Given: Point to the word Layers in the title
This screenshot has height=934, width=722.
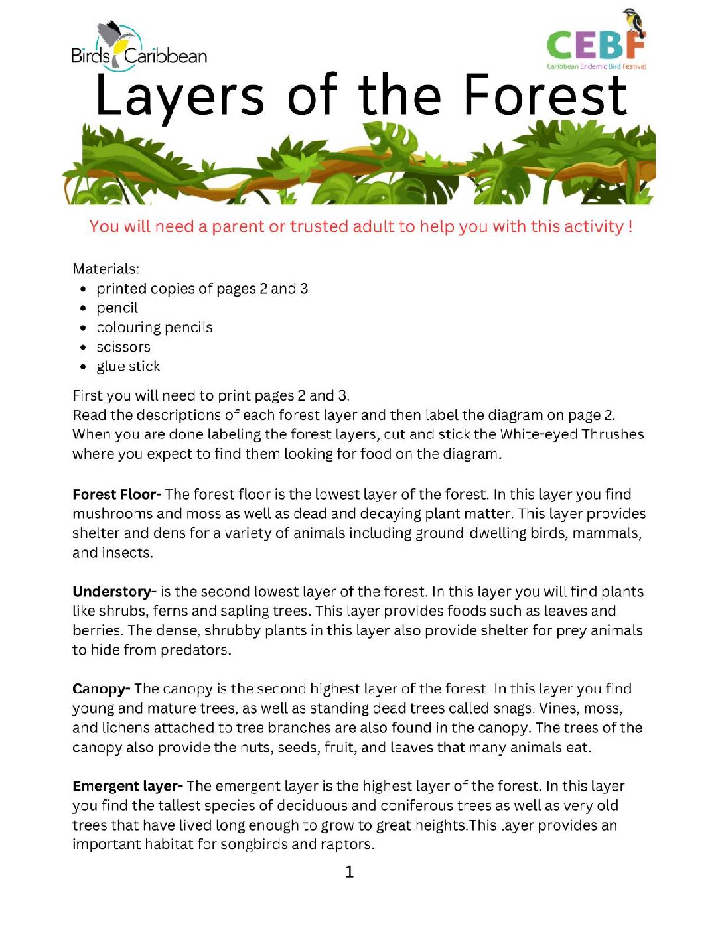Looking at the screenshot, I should [x=179, y=96].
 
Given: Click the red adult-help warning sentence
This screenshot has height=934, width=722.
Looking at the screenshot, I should [x=361, y=226].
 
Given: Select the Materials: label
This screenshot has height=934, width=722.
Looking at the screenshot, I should [x=106, y=269].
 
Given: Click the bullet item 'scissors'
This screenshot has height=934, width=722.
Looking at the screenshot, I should [x=123, y=347].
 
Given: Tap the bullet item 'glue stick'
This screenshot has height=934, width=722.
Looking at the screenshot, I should [x=128, y=366].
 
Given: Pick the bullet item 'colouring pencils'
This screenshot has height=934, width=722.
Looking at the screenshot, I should [x=155, y=327].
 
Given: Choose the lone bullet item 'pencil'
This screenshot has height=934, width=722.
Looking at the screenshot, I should [x=117, y=308].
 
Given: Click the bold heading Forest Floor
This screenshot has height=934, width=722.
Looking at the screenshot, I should [x=116, y=494].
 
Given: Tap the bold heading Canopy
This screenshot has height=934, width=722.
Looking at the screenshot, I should [x=101, y=689].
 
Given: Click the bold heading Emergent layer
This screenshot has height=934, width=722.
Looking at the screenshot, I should [x=127, y=786].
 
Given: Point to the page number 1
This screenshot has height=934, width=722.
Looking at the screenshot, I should [x=350, y=872].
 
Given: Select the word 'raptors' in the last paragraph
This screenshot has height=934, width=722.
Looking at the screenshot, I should [x=348, y=844].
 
